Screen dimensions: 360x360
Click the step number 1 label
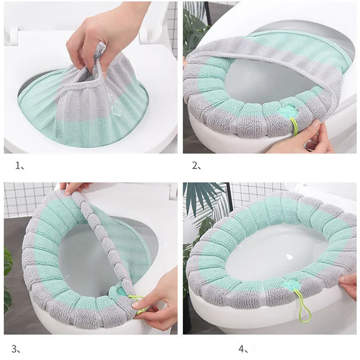click(x=19, y=166)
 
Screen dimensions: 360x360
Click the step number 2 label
click(x=197, y=166)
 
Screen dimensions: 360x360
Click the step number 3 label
click(x=16, y=349)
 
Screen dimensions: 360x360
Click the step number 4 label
click(x=243, y=349)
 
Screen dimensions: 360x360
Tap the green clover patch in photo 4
click(x=290, y=285)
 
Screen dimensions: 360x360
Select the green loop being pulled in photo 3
click(x=138, y=304)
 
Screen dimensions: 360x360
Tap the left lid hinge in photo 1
click(x=14, y=35)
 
